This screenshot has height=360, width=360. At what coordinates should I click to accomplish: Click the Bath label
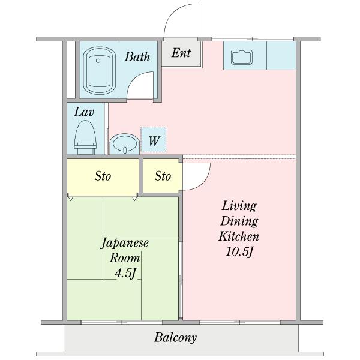137,57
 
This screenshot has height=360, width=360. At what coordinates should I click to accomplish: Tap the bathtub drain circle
98,61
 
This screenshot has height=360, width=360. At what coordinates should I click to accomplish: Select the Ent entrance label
181,53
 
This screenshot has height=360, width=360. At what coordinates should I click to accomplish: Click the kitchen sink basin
242,57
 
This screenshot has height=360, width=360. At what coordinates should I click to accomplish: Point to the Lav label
84,112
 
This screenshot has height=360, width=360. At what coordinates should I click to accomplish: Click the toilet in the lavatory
85,137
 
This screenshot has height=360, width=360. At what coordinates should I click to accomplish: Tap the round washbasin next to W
124,144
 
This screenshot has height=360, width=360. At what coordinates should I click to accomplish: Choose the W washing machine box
154,139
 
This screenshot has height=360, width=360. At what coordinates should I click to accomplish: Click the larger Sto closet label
103,176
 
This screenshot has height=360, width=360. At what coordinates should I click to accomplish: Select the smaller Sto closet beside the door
163,176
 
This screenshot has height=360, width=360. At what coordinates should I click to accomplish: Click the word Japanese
125,244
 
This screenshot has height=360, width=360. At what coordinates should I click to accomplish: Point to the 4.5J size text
125,273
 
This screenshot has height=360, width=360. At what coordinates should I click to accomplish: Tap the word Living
239,206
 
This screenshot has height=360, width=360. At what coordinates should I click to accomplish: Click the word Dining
239,221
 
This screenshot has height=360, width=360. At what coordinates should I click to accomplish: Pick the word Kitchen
239,236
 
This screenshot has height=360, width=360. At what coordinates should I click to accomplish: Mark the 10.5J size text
239,251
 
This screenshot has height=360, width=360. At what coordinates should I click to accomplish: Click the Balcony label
175,337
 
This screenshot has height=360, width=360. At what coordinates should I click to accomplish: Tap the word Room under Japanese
125,258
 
